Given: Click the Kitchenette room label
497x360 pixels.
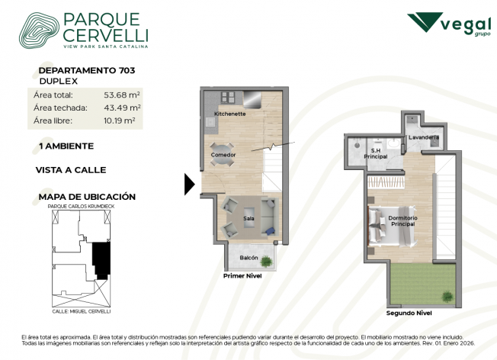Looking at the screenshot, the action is (229, 114).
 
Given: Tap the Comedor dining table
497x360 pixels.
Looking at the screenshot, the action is (223, 155).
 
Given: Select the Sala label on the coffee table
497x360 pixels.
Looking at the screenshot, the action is (248, 218).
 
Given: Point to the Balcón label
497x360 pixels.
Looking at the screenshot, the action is (248, 258).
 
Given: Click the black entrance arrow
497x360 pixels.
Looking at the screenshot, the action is (190, 185).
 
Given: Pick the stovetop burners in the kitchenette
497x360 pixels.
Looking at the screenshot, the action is (228, 98).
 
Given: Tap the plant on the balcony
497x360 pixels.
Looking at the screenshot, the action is (266, 262).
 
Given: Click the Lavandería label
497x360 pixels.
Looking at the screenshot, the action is (424, 137).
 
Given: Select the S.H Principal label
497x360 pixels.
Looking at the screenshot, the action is (376, 153).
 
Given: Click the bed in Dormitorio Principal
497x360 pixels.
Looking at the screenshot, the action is (392, 226).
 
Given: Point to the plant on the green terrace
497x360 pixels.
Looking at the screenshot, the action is (447, 296).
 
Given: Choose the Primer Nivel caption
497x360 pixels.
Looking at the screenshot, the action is (242, 276).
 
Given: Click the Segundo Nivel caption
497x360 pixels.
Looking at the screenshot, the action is (409, 313).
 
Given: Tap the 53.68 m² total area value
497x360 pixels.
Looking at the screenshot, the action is (122, 95).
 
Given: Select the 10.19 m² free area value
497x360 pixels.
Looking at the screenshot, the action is (120, 121).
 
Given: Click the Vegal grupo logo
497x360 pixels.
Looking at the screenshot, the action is (449, 24).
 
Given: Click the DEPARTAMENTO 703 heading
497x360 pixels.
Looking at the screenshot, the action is (87, 70).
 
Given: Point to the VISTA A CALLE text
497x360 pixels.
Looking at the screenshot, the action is (71, 170).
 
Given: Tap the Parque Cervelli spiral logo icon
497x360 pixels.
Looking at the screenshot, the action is (39, 31).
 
